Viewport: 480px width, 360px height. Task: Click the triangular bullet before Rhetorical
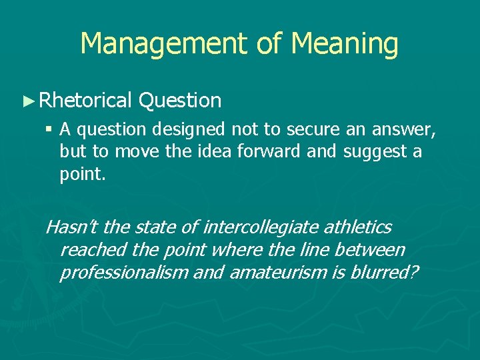tap(27, 101)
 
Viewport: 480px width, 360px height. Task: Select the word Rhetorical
tap(86, 101)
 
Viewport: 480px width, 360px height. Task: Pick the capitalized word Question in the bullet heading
tap(180, 101)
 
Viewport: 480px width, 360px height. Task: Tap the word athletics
tap(358, 227)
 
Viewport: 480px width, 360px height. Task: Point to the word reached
tap(87, 250)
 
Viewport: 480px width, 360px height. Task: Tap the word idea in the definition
tap(211, 151)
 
